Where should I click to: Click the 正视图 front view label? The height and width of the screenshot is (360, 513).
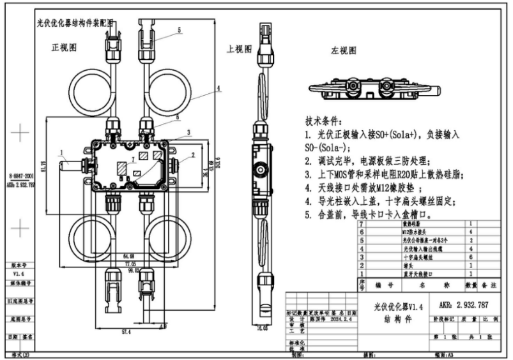point(65,48)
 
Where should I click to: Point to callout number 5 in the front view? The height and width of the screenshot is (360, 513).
point(180,29)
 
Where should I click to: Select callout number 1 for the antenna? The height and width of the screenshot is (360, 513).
point(61,153)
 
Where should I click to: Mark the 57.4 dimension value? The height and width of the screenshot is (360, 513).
point(125,332)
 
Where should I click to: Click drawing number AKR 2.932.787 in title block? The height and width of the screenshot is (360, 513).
point(464,304)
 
